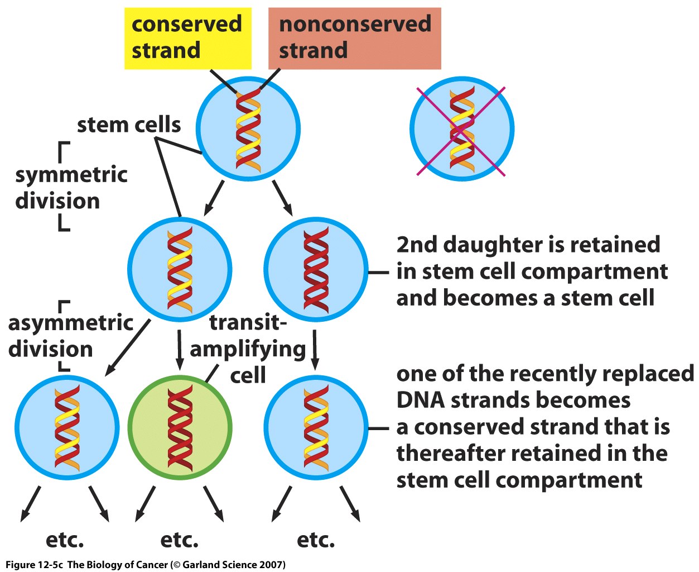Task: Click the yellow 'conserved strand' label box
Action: pos(187,38)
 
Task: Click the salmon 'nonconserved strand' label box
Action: pos(355,38)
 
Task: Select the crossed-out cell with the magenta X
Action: pos(461,129)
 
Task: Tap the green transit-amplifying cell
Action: pos(180,428)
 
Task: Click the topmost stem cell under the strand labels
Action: pos(248,128)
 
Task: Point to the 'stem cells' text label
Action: pos(129,125)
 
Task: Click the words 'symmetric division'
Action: pos(71,188)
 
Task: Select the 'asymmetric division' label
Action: pos(70,336)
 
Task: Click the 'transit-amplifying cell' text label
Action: pos(248,349)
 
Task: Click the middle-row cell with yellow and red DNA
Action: pos(180,270)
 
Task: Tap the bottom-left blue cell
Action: pos(67,428)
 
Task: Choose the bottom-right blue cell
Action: pos(316,428)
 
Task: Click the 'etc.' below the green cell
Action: pos(179,540)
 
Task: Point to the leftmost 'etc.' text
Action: pos(65,540)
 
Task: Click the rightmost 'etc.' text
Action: pos(316,540)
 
